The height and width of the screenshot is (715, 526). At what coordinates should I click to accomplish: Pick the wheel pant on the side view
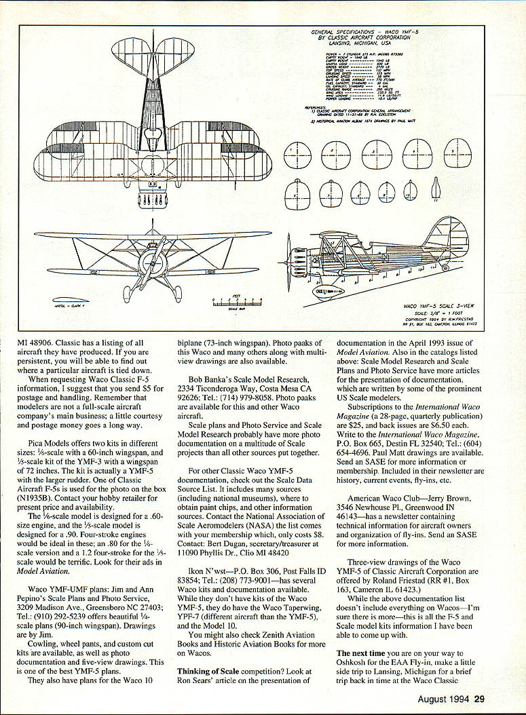coord(331,290)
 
